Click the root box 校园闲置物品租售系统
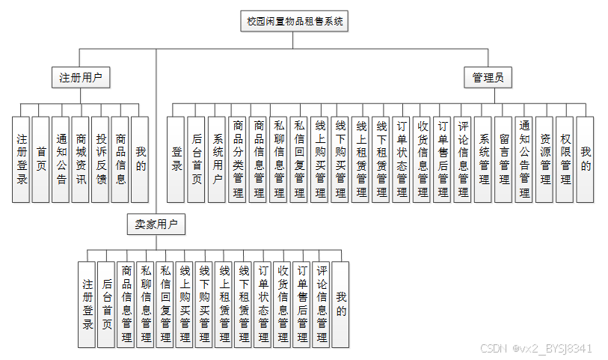point(295,22)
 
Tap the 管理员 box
point(488,77)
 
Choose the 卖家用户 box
point(156,224)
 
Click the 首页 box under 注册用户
point(41,159)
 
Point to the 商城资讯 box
point(81,159)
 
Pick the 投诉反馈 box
point(101,159)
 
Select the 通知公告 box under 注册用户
point(61,159)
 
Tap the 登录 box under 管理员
point(176,159)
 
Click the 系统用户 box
point(218,159)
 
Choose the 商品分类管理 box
point(238,159)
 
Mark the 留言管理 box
point(503,159)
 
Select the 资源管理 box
point(544,159)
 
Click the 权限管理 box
point(565,159)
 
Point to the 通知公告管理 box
point(523,159)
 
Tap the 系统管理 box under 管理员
point(483,159)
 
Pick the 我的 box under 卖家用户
point(341,304)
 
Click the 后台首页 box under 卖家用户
point(107,304)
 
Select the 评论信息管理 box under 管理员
point(463,159)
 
